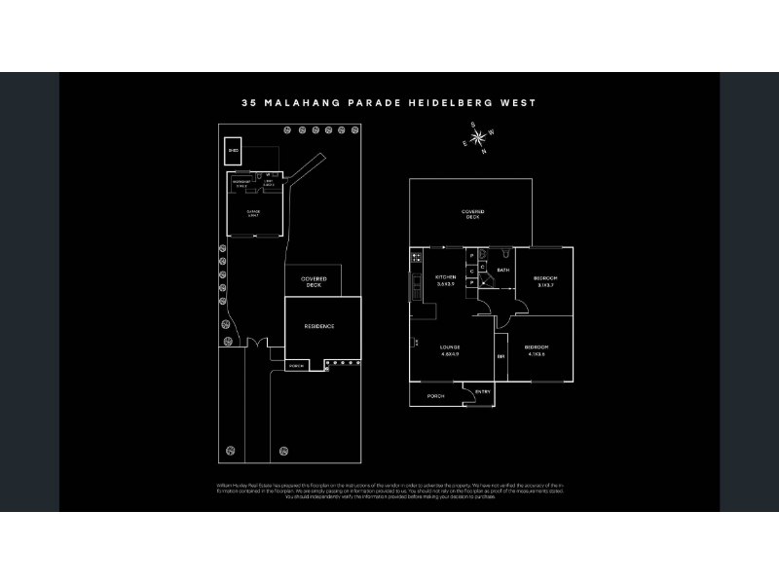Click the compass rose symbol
pyautogui.click(x=477, y=138)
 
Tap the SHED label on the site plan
pyautogui.click(x=233, y=152)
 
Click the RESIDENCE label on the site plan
pyautogui.click(x=318, y=326)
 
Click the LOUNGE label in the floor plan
pyautogui.click(x=449, y=348)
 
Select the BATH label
pyautogui.click(x=503, y=270)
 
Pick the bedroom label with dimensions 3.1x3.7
pyautogui.click(x=543, y=281)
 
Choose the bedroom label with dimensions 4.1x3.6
pyautogui.click(x=537, y=349)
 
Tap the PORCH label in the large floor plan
pyautogui.click(x=435, y=396)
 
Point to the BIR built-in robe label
pyautogui.click(x=501, y=356)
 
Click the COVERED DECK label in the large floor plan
pyautogui.click(x=472, y=214)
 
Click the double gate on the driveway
pyautogui.click(x=256, y=345)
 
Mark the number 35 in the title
pyautogui.click(x=248, y=102)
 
